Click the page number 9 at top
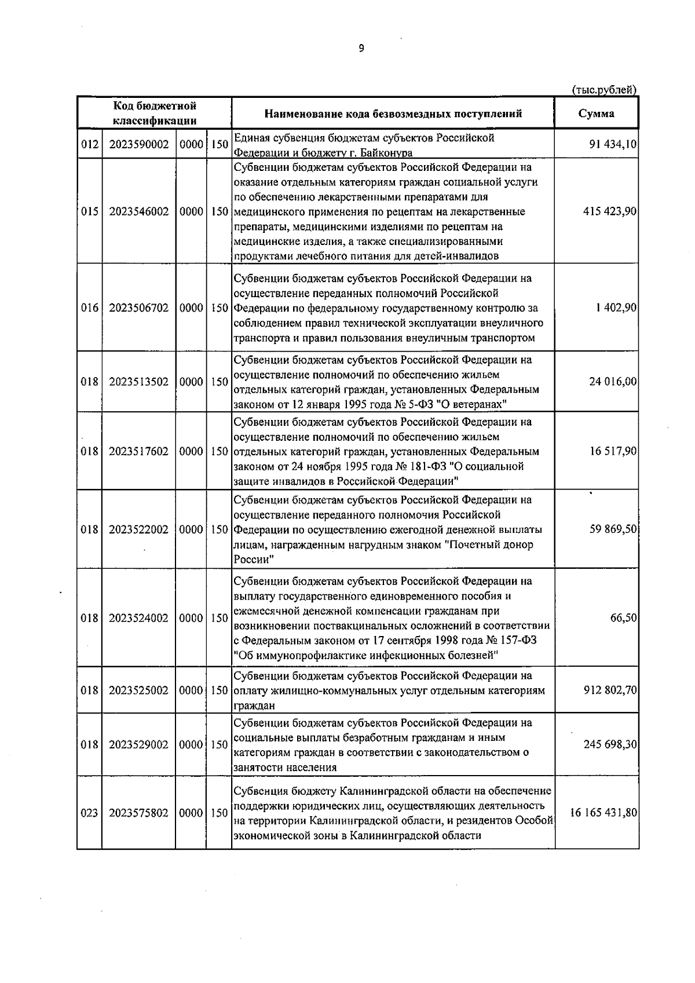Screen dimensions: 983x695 point(361,49)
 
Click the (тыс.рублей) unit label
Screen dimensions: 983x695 point(604,90)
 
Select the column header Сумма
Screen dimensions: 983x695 point(597,114)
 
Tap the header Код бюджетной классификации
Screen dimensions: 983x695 point(154,114)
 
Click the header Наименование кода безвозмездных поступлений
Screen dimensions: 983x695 point(393,114)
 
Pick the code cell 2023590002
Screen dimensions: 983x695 point(138,144)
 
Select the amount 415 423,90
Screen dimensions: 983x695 point(609,212)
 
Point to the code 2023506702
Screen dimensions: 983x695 point(138,308)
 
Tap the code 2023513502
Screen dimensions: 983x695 point(138,382)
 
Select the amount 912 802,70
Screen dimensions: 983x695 point(609,690)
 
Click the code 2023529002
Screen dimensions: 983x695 point(138,745)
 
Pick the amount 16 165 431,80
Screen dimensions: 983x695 point(603,813)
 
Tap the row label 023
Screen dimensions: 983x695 point(89,813)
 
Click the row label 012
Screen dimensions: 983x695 point(89,144)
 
